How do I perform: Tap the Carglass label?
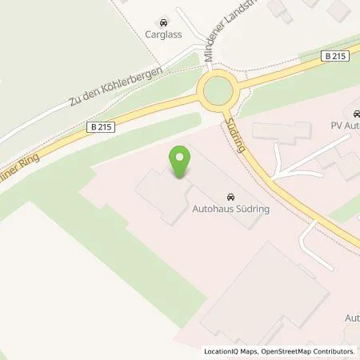tap(163, 36)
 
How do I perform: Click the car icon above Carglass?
tap(163, 22)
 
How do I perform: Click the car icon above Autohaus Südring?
tap(230, 195)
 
